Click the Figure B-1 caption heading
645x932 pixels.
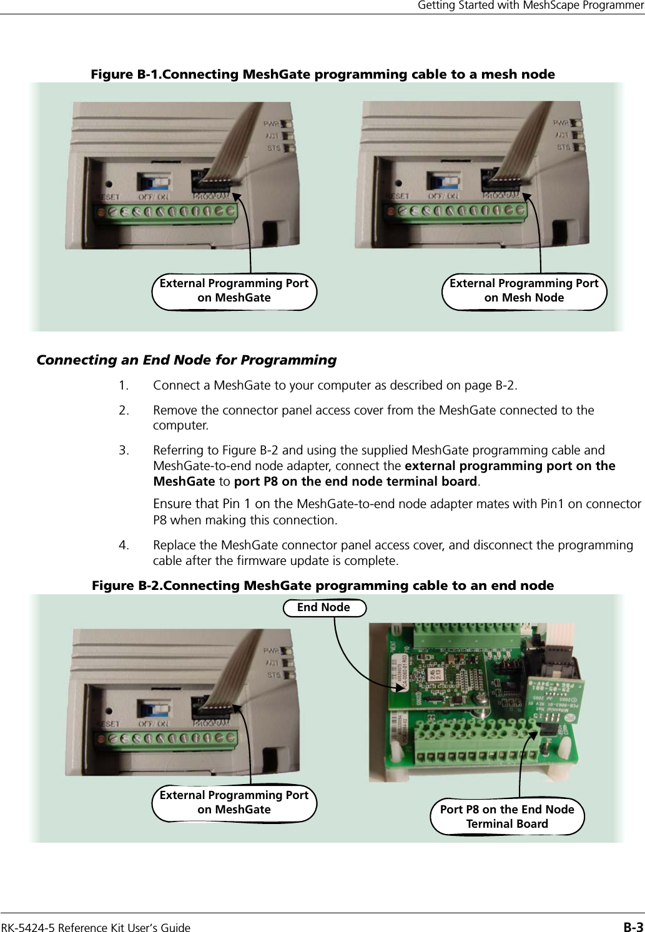[x=323, y=75]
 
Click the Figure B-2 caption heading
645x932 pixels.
[x=323, y=586]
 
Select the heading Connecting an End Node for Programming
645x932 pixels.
[x=187, y=360]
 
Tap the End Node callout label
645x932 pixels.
[x=324, y=607]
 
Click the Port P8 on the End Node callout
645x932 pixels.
[x=507, y=817]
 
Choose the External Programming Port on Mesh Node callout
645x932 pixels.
[x=524, y=290]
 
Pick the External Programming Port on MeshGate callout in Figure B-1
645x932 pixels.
[x=234, y=290]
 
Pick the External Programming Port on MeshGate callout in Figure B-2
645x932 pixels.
[x=234, y=802]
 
